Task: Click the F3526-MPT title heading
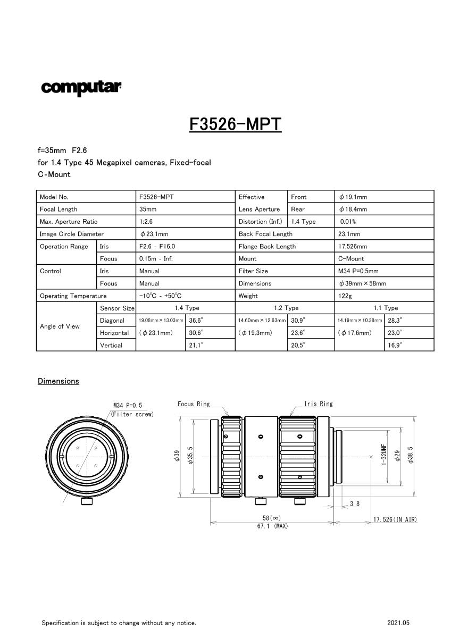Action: [235, 124]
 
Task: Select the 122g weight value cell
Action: [344, 296]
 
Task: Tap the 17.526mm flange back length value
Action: [353, 247]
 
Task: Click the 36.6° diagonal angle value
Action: [196, 321]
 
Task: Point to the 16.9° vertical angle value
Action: [395, 345]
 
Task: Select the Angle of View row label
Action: [60, 326]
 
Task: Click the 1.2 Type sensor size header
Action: [285, 308]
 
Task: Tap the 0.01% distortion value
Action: [348, 222]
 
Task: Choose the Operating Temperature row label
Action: [73, 296]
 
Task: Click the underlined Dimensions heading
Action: [59, 381]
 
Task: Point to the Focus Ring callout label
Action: [194, 404]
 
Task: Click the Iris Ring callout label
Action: [319, 404]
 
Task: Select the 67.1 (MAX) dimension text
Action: [272, 526]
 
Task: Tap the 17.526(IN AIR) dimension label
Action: [395, 519]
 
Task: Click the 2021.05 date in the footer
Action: [399, 623]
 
